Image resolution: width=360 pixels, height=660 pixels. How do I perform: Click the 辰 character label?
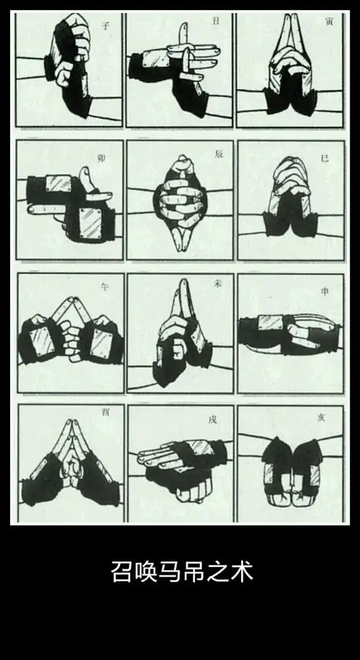point(218,154)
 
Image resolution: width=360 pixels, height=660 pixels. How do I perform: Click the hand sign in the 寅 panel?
point(292,76)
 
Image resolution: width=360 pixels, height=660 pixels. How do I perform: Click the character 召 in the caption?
point(122,573)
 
